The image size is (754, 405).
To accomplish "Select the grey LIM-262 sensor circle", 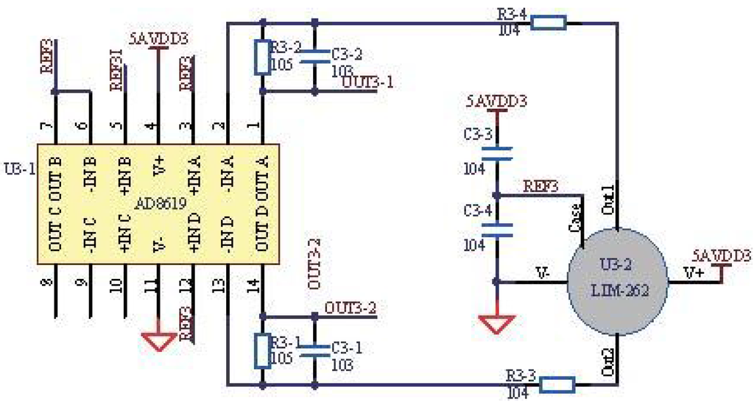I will tap(616, 281).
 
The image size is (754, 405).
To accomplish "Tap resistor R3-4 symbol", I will tap(549, 23).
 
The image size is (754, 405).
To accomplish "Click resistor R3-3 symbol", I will tap(557, 384).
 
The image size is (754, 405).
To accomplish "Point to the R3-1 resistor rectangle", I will tap(262, 350).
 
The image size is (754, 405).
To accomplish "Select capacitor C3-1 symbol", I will tap(315, 350).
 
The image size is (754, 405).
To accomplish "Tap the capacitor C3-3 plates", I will tap(497, 152).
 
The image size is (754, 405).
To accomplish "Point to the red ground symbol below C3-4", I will tap(497, 322).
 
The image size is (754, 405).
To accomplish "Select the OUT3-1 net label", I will tap(367, 82).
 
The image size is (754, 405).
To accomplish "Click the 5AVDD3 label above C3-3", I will tap(496, 101).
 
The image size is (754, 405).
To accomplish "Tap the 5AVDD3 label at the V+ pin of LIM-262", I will tap(721, 256).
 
